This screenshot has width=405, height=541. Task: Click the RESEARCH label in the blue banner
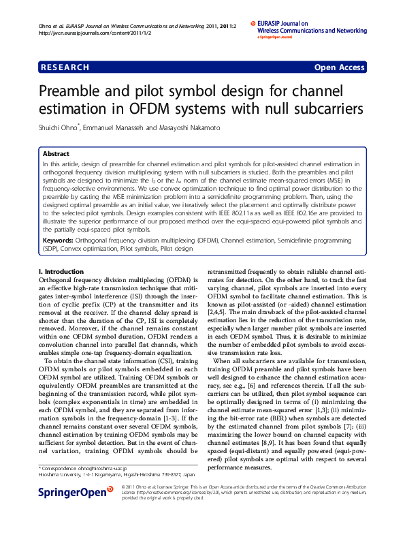pos(65,67)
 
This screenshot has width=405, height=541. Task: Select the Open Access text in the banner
pos(339,67)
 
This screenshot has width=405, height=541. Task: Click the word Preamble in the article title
pos(76,92)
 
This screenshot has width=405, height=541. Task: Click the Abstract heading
pos(56,155)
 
